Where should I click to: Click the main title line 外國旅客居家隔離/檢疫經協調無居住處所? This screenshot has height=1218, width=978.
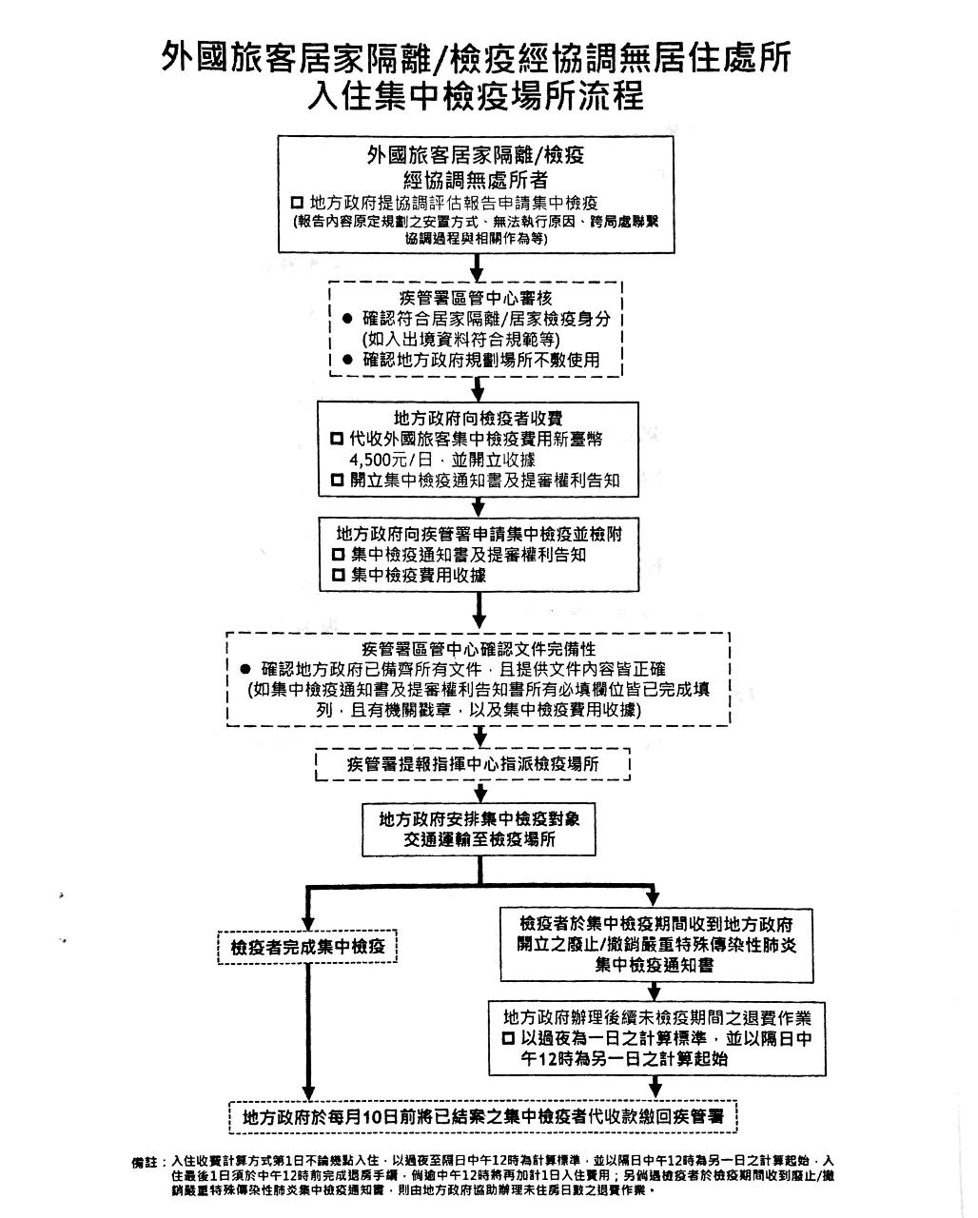tap(476, 59)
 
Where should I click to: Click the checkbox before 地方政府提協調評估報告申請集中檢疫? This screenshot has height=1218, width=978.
tap(297, 204)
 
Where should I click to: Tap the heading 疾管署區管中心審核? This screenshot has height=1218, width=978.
tap(476, 298)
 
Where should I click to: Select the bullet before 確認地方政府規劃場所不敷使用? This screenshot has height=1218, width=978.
tap(347, 360)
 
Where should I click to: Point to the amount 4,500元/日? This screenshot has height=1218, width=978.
tap(388, 461)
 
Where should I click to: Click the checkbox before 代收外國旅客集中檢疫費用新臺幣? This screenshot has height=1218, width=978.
tap(337, 440)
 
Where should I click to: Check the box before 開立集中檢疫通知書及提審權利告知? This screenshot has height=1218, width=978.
tap(337, 481)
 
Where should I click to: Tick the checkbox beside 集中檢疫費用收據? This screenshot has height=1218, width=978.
tap(338, 576)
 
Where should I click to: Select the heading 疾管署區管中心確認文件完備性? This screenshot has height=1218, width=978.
tap(479, 648)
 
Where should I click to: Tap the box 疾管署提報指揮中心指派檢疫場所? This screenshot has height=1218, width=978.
tap(473, 764)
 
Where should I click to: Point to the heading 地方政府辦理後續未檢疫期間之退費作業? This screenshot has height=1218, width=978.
tap(651, 1016)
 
